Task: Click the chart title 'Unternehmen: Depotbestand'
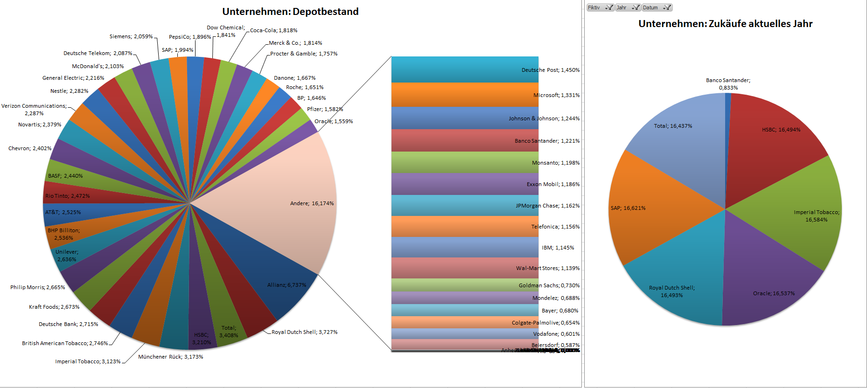click(290, 12)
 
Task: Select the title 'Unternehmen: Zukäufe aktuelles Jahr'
click(725, 24)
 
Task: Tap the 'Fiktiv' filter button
click(600, 7)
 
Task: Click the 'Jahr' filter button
click(628, 7)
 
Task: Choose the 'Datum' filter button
click(657, 7)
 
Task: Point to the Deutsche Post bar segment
click(464, 70)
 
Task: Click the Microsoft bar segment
click(464, 95)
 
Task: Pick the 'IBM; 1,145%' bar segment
click(464, 248)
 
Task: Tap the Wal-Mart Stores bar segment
click(464, 268)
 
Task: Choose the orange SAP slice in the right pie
click(653, 210)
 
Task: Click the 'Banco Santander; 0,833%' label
click(728, 84)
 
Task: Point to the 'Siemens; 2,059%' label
click(131, 36)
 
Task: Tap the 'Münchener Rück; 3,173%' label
click(170, 357)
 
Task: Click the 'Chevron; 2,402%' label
click(30, 148)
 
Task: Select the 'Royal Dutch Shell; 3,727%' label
click(304, 332)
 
